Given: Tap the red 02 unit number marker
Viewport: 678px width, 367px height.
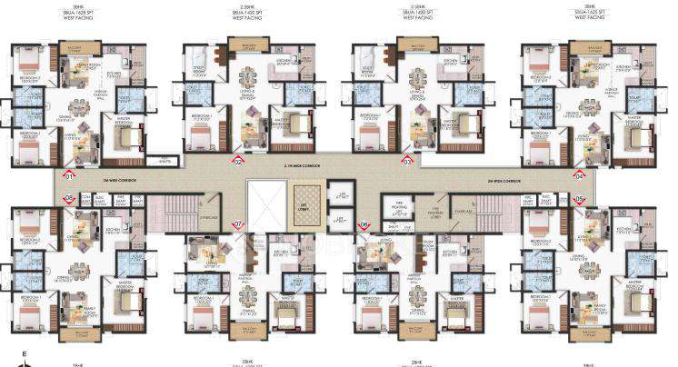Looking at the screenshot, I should click(238, 162).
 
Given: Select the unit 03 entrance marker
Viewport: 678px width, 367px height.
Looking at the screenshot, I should click(407, 162).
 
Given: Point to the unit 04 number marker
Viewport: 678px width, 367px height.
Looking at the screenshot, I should click(579, 175).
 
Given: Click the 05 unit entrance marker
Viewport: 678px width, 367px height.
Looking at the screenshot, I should click(579, 198).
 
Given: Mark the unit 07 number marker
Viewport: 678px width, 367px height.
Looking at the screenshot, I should click(239, 224).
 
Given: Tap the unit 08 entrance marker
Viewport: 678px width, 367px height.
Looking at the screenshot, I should click(66, 198).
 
